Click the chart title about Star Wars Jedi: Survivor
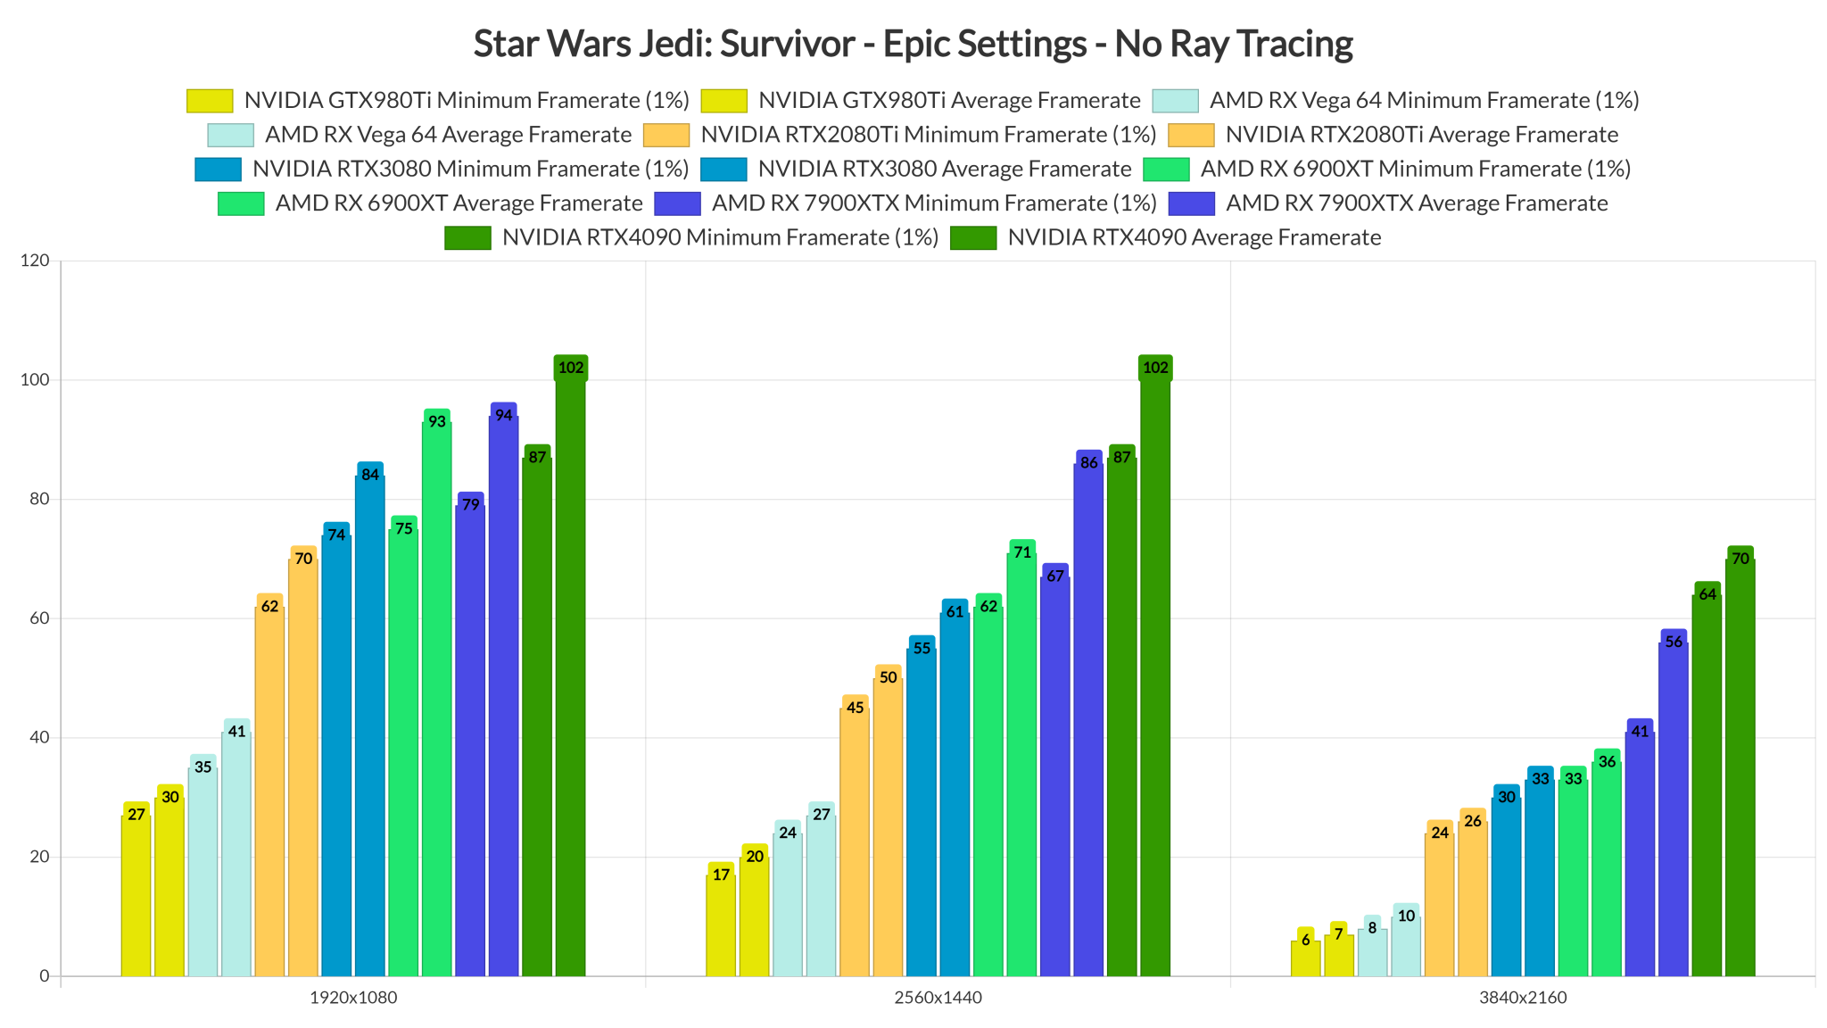[913, 44]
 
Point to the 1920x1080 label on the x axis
[353, 998]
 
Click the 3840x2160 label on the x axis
[1523, 998]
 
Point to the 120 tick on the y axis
[36, 261]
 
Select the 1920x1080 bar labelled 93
[436, 696]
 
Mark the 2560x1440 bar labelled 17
[721, 923]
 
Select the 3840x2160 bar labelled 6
[1305, 956]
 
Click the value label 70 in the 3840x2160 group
[1740, 560]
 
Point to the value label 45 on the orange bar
[855, 709]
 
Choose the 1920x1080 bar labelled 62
[269, 789]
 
